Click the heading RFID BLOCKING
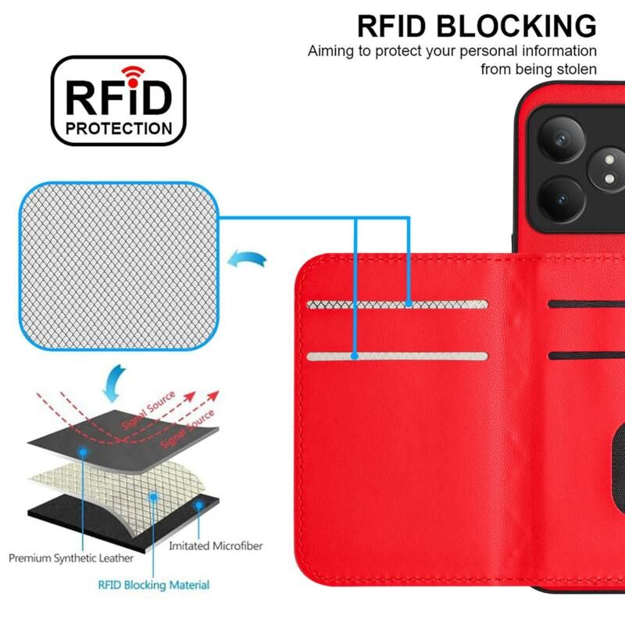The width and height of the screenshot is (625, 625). tap(477, 25)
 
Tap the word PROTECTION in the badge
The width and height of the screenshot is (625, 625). tap(120, 128)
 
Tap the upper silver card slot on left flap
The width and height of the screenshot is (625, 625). tap(397, 304)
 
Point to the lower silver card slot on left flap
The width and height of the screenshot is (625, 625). tap(397, 356)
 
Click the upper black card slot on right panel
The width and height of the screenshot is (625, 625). tap(586, 304)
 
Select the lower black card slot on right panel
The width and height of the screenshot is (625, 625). tap(586, 355)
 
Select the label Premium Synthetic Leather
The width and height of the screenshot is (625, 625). tap(71, 559)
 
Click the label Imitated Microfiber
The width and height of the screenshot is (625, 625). tap(216, 546)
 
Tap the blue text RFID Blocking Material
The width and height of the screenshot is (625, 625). tap(154, 584)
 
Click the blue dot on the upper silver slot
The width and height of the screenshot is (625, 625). tap(409, 304)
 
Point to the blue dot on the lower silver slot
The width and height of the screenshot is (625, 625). tap(355, 356)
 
